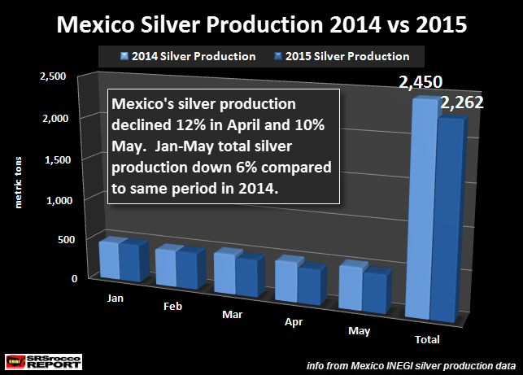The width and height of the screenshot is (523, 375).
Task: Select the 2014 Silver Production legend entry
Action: coord(193,56)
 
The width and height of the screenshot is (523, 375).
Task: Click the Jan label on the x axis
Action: coord(115,297)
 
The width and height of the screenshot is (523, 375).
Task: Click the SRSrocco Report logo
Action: coord(37,359)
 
